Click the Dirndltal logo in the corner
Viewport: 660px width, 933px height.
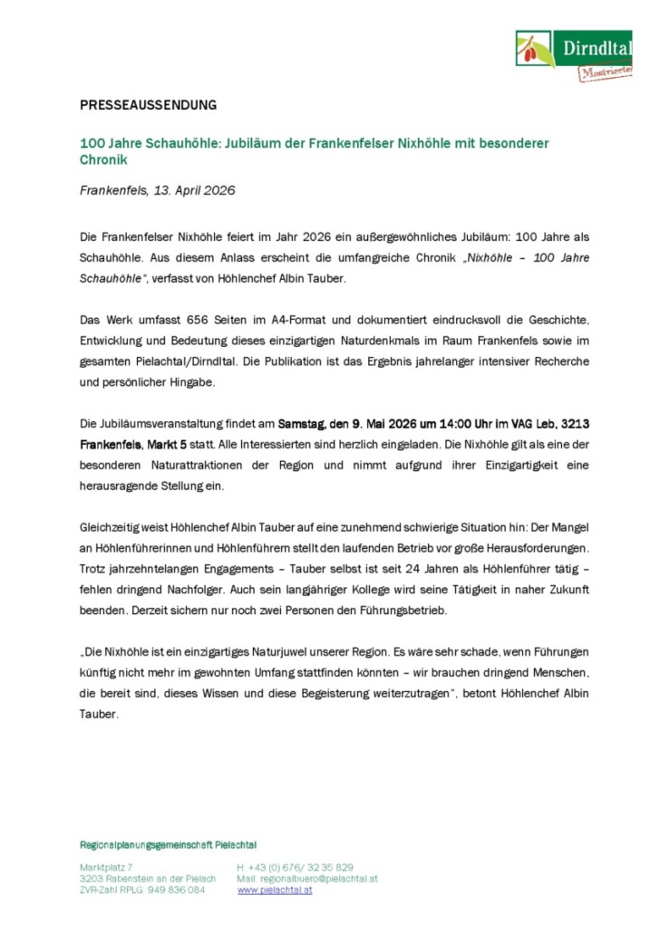click(x=573, y=54)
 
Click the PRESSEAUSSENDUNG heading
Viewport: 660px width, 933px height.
click(x=148, y=105)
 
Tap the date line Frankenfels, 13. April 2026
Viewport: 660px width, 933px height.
click(x=157, y=190)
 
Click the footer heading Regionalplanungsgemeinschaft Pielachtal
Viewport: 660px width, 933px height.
click(x=168, y=845)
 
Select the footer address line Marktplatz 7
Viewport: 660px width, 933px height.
click(x=105, y=867)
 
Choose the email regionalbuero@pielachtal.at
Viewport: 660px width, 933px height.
click(x=320, y=879)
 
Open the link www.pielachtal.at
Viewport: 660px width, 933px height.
click(x=275, y=890)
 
